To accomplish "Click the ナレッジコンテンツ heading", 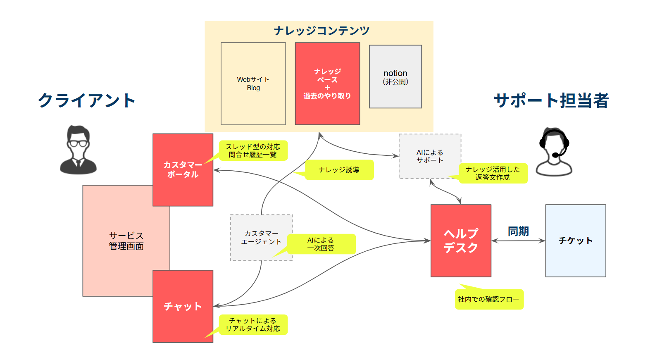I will [x=321, y=31].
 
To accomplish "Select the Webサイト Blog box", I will [x=253, y=83].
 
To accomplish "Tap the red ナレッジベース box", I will [x=327, y=83].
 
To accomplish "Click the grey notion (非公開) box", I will [x=395, y=77].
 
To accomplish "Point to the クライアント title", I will [x=87, y=100].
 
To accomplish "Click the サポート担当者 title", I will [x=551, y=100].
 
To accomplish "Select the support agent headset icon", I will [x=554, y=152].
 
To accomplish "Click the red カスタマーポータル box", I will [x=183, y=169].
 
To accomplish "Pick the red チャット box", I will [x=183, y=306].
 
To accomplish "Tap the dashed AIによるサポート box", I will [x=430, y=156].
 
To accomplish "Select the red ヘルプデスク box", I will [x=461, y=241].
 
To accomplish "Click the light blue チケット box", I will [x=576, y=241].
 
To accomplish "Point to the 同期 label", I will [x=518, y=231].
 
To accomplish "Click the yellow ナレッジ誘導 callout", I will [x=339, y=170].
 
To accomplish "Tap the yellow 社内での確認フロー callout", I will [x=489, y=299].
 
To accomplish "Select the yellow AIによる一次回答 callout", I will [x=321, y=244].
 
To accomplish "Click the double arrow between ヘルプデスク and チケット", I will [x=518, y=241].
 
